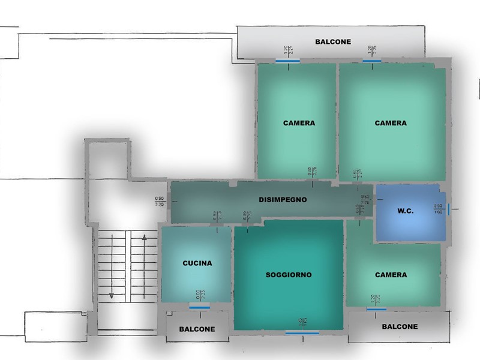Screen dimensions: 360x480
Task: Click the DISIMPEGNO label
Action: [x=283, y=200]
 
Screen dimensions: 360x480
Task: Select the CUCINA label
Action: [x=197, y=263]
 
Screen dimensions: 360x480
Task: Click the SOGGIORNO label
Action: [x=289, y=275]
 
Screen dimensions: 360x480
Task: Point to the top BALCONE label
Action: [x=333, y=42]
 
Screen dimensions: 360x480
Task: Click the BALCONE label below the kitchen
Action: [x=197, y=329]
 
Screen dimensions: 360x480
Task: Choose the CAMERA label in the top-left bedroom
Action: [x=299, y=123]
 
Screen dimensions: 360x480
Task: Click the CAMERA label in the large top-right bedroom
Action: [x=391, y=123]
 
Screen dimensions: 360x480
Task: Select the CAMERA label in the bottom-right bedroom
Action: [x=391, y=275]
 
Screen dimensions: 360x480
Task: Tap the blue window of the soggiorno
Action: [x=302, y=332]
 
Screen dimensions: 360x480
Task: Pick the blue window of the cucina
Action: [x=199, y=307]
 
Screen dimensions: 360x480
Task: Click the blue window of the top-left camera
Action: [x=288, y=61]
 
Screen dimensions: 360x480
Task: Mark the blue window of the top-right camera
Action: [x=372, y=61]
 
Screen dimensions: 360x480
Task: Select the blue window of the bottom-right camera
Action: [x=376, y=309]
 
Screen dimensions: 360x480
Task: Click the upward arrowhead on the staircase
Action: [x=145, y=238]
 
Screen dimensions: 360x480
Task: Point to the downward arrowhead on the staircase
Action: [x=111, y=295]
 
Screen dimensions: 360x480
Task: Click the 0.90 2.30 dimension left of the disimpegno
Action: [x=159, y=202]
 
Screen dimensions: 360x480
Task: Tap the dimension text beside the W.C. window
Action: [x=438, y=209]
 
